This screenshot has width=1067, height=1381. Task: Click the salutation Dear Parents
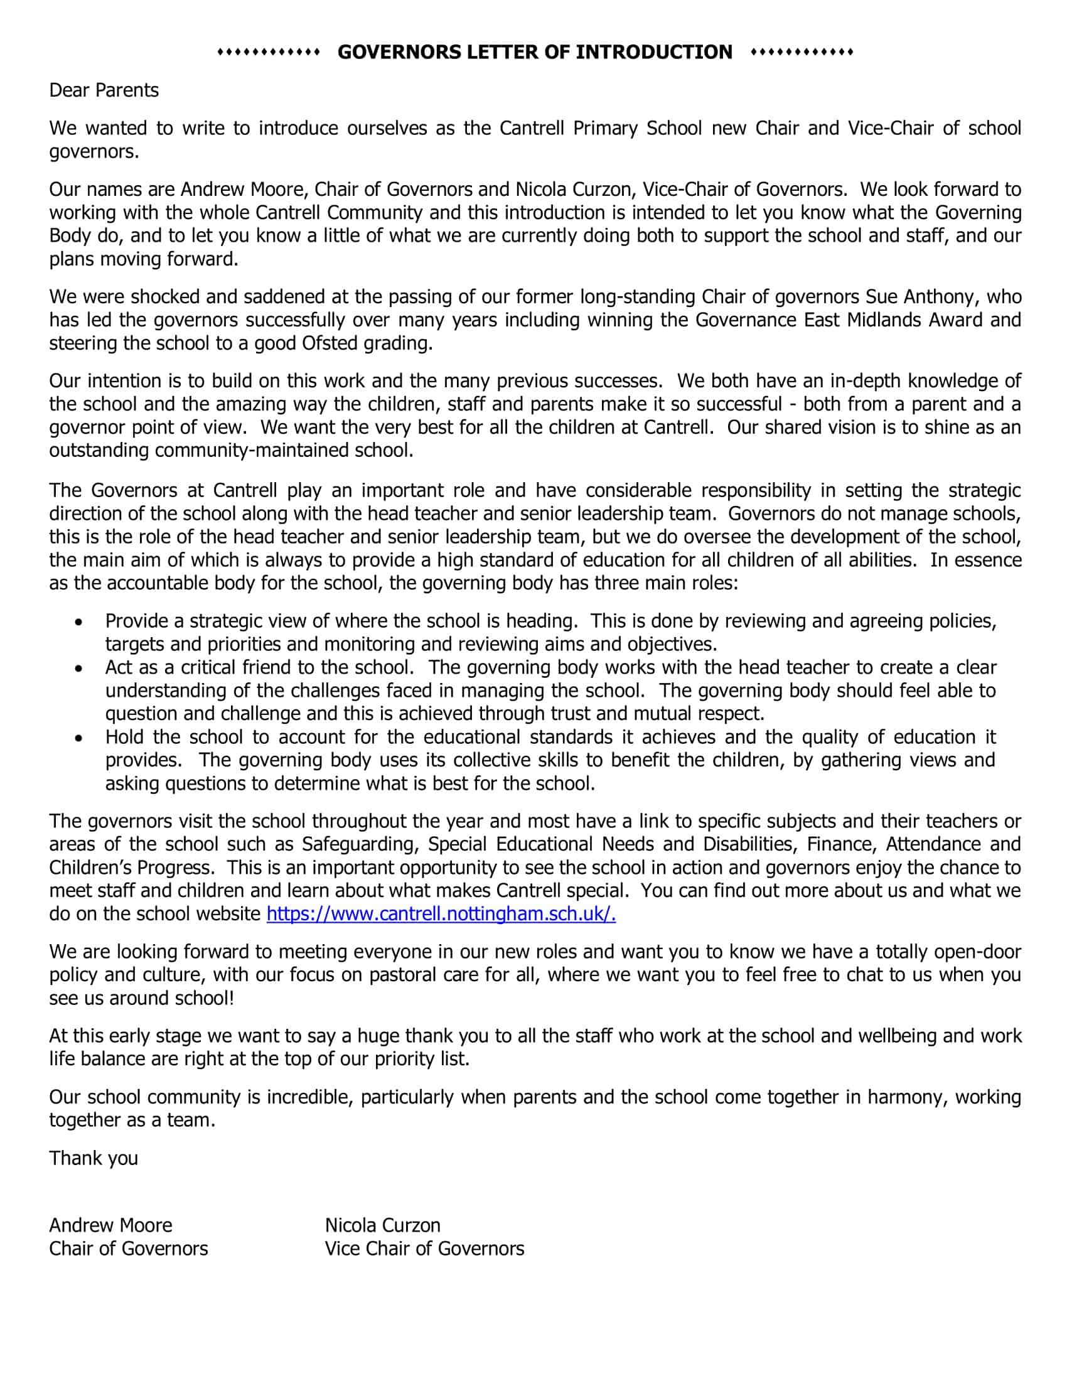(x=104, y=90)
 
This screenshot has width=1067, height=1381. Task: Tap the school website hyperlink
(x=441, y=914)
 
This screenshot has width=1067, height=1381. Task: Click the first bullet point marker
(x=78, y=622)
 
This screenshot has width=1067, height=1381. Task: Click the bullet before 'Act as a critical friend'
(x=78, y=669)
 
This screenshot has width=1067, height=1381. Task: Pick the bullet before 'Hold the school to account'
(x=78, y=738)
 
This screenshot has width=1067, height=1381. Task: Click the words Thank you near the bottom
(x=94, y=1158)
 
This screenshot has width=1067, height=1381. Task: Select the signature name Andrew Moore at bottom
(x=110, y=1225)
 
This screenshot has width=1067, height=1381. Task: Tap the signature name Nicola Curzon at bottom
(x=382, y=1225)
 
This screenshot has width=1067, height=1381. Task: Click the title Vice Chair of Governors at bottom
(x=424, y=1248)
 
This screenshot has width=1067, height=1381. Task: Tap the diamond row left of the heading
(x=269, y=52)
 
